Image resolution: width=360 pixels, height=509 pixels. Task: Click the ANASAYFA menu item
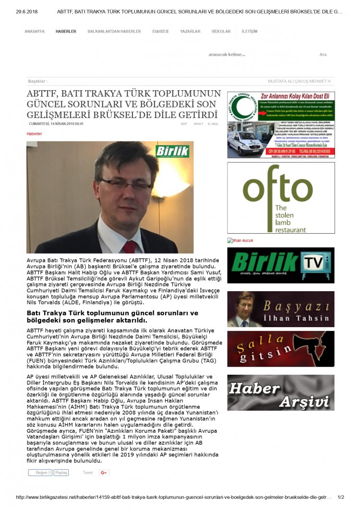point(35,31)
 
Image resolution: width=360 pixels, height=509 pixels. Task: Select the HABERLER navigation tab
point(66,31)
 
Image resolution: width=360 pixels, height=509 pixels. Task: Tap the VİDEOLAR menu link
point(221,31)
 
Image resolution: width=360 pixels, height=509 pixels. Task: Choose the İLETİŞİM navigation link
point(250,31)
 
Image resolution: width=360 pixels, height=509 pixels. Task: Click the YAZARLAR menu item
point(190,31)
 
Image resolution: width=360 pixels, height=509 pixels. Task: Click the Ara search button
point(323,55)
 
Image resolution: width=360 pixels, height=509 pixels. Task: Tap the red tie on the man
point(129,246)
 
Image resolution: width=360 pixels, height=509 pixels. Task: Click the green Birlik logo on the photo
point(172,152)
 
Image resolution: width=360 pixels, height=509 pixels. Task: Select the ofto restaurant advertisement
point(281,198)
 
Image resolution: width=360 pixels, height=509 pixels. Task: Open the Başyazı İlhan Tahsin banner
point(281,309)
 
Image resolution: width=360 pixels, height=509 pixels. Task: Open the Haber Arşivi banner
point(281,392)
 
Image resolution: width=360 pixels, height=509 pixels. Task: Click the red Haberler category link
point(34,134)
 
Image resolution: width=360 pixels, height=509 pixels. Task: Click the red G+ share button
point(104,473)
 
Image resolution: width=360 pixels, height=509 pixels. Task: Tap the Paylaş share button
point(61,473)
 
